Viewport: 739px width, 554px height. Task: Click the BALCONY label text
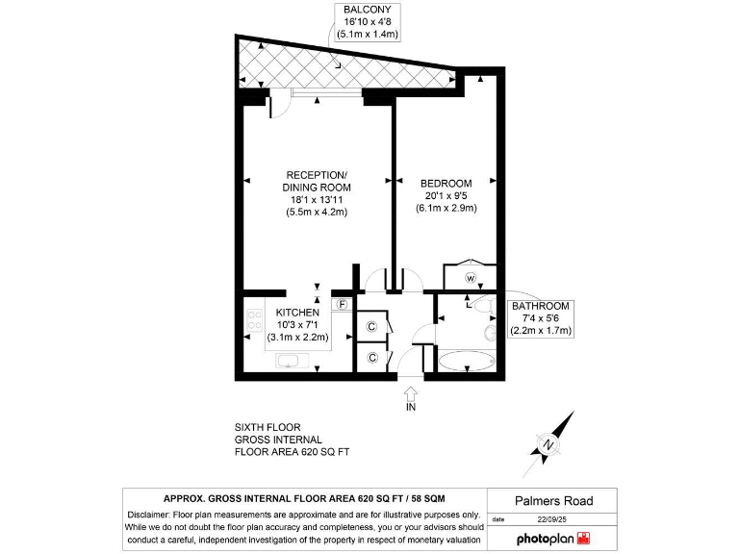(x=366, y=11)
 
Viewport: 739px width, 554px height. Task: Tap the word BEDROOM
(x=446, y=184)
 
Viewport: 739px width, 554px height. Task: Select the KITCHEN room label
(x=297, y=314)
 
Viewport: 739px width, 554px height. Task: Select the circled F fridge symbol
(x=341, y=305)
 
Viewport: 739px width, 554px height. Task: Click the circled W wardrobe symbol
(x=471, y=279)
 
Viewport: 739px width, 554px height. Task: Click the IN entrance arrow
(x=411, y=396)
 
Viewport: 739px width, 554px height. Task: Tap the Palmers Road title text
(x=552, y=501)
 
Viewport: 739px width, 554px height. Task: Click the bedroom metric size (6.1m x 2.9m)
(x=446, y=208)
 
